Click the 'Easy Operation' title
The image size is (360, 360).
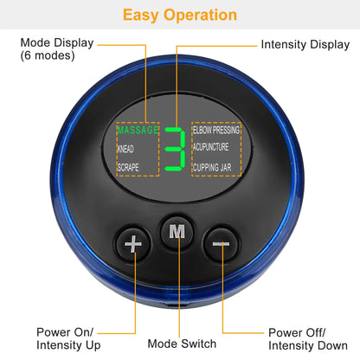coord(179,15)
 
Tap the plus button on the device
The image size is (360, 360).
coord(132,246)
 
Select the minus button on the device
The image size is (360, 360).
coord(222,246)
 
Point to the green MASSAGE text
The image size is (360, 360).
coord(138,131)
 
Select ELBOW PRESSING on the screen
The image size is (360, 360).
coord(216,130)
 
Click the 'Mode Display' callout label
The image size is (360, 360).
coord(56,42)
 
